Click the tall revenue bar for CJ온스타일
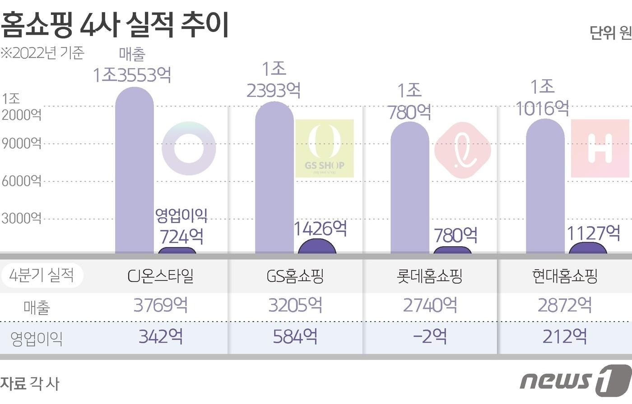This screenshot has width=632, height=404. coord(135,171)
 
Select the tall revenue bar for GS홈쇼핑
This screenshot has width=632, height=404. coord(274,178)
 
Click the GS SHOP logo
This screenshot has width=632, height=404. coord(325,148)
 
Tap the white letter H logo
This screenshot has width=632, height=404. coord(600,148)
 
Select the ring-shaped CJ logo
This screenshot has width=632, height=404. coord(189,148)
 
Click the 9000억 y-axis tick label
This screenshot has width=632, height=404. coord(21,144)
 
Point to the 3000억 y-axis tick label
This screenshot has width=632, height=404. coord(21,219)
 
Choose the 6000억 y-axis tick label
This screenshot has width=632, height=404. coord(21,181)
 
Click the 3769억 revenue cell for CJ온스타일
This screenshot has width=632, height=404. coord(160,306)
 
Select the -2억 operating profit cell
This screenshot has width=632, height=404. coord(430,336)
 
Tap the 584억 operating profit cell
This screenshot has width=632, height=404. coord(295,336)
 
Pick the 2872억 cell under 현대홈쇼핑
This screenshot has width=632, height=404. coord(565,306)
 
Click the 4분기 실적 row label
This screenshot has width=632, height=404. coord(42,275)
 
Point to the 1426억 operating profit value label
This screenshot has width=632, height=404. coord(321,229)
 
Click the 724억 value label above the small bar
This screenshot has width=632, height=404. coord(181,236)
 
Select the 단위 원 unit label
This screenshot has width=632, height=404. coord(610,33)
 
